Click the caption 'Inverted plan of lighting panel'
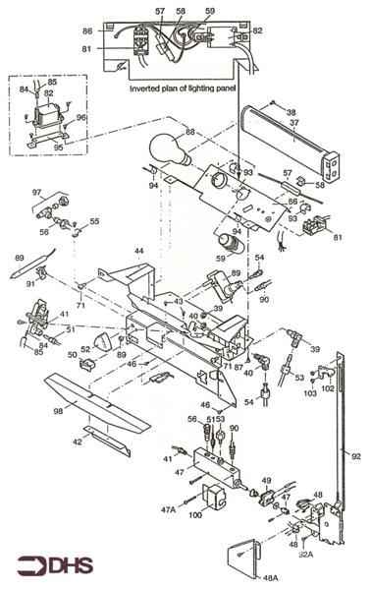(x=185, y=88)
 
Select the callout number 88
(x=189, y=130)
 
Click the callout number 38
(x=291, y=111)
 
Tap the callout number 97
(x=36, y=192)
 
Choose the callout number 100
(x=195, y=514)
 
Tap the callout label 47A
(x=169, y=509)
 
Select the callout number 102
(x=328, y=387)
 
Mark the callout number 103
(x=310, y=392)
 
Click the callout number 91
(x=30, y=284)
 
